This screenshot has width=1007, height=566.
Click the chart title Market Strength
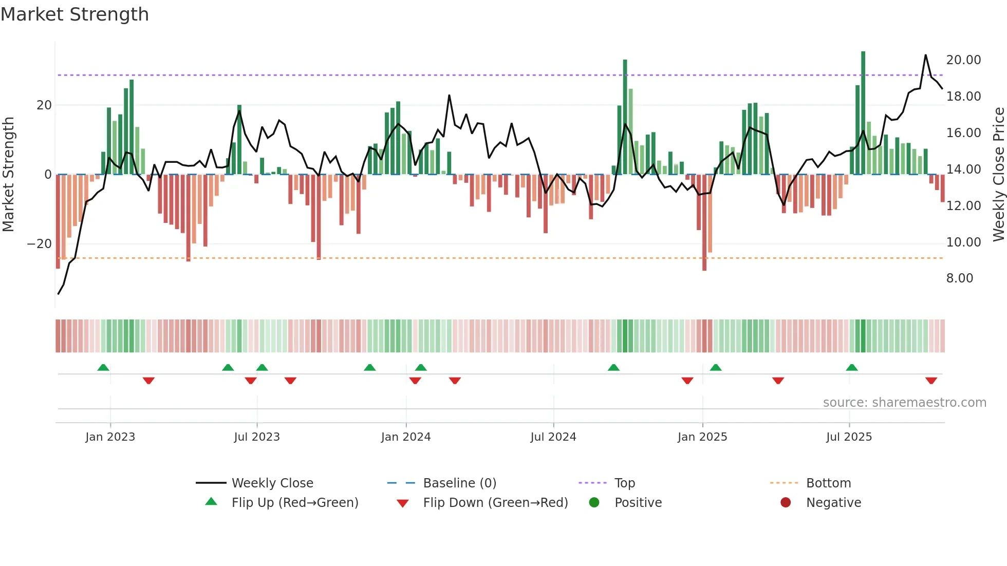74,14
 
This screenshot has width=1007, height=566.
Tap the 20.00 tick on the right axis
963,60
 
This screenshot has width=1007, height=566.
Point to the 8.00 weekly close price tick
959,278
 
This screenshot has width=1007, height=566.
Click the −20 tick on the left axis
40,244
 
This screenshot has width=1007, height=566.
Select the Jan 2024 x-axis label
405,437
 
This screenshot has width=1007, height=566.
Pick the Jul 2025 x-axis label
849,437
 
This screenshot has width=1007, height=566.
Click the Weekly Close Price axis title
998,174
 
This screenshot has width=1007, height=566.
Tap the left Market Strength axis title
8,174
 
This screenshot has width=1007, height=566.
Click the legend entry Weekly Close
272,483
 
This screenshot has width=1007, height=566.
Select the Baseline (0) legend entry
459,483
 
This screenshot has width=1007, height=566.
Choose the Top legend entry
624,483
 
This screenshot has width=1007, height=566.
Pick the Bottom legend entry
828,483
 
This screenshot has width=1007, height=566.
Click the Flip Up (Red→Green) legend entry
294,503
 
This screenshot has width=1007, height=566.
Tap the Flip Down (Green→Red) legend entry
495,503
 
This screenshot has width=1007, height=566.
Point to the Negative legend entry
833,503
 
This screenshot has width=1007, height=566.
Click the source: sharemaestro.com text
904,403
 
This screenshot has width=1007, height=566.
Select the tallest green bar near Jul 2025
863,113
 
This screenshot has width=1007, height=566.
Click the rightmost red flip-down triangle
931,381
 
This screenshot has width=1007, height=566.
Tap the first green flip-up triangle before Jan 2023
103,367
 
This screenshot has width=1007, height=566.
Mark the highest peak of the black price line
926,55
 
